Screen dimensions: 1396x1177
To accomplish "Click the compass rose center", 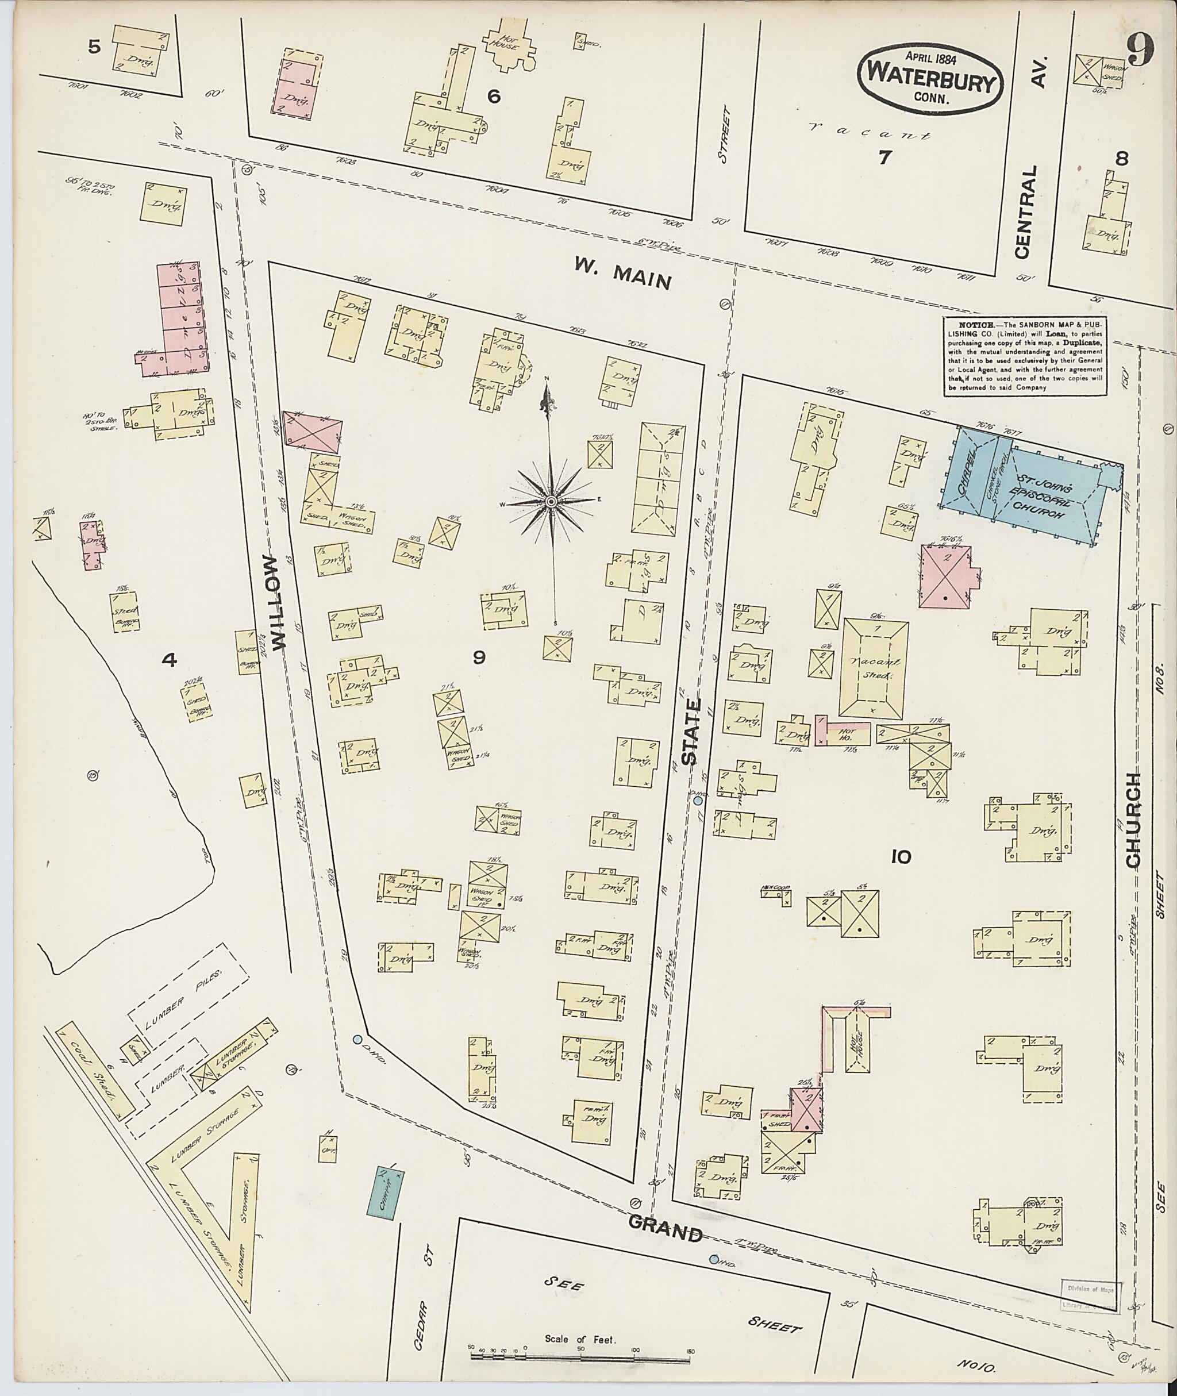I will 552,501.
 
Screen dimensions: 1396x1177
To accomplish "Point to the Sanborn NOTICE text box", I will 1025,356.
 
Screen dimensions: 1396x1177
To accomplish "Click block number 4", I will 170,660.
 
